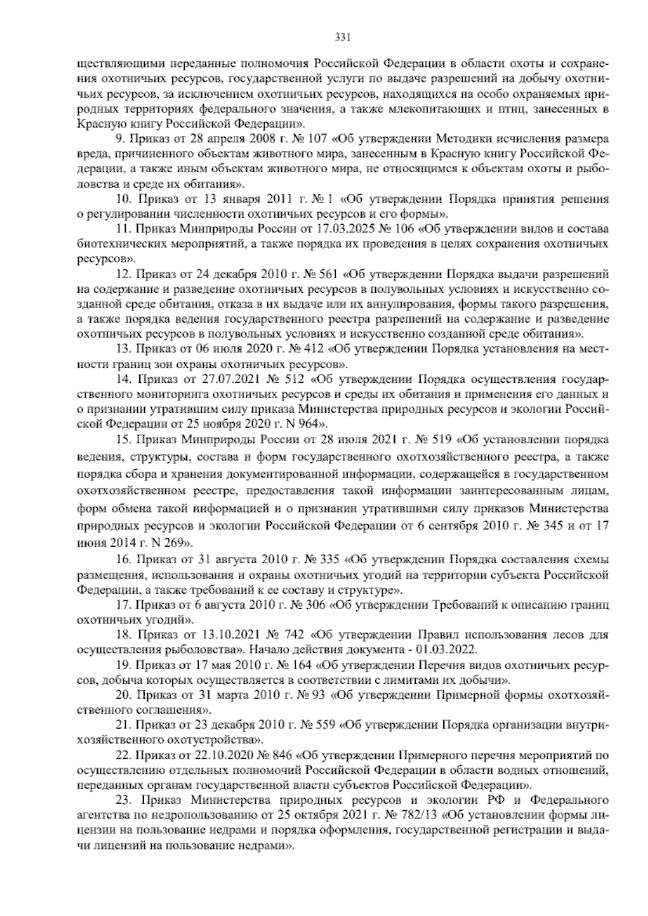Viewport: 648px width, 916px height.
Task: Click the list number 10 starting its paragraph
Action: pyautogui.click(x=124, y=198)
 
